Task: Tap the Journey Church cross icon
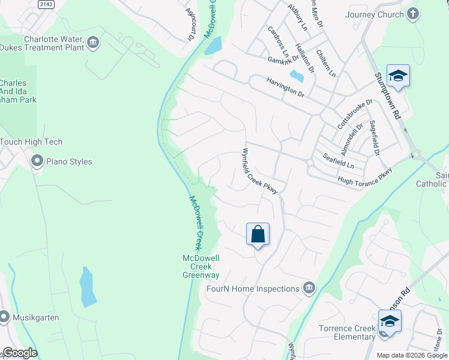click(412, 14)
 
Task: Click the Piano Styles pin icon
click(37, 161)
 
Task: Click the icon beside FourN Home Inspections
click(309, 289)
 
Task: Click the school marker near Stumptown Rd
click(398, 76)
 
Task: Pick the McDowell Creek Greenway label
click(200, 266)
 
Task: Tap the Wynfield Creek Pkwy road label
click(260, 171)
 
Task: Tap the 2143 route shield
click(46, 4)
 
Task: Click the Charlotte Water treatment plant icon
click(92, 42)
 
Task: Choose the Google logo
click(19, 353)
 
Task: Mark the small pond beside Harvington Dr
click(296, 76)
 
